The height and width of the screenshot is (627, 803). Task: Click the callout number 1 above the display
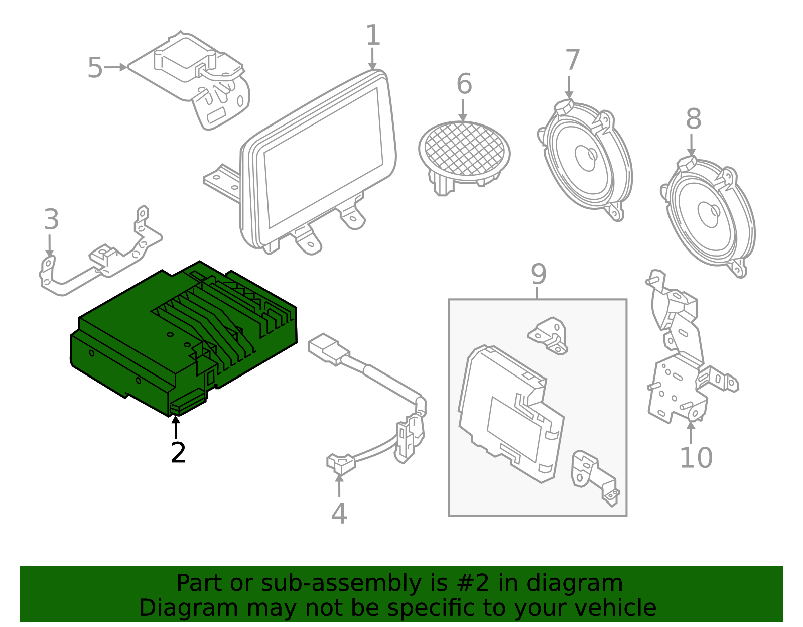pyautogui.click(x=373, y=36)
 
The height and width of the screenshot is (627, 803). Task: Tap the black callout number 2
pyautogui.click(x=178, y=453)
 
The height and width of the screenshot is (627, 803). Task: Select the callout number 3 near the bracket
pyautogui.click(x=51, y=220)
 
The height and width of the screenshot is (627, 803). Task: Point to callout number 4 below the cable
pyautogui.click(x=339, y=514)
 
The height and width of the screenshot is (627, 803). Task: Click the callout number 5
pyautogui.click(x=95, y=68)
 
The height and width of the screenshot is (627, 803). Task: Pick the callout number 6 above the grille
pyautogui.click(x=464, y=84)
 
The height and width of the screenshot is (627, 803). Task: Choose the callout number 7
pyautogui.click(x=572, y=60)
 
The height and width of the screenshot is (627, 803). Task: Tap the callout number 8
pyautogui.click(x=694, y=119)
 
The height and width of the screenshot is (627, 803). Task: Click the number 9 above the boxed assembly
pyautogui.click(x=539, y=274)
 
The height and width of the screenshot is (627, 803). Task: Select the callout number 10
pyautogui.click(x=696, y=458)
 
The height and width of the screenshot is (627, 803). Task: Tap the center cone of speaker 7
pyautogui.click(x=586, y=157)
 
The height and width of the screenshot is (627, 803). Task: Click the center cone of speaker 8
pyautogui.click(x=708, y=214)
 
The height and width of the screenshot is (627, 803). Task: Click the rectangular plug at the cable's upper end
pyautogui.click(x=326, y=348)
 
